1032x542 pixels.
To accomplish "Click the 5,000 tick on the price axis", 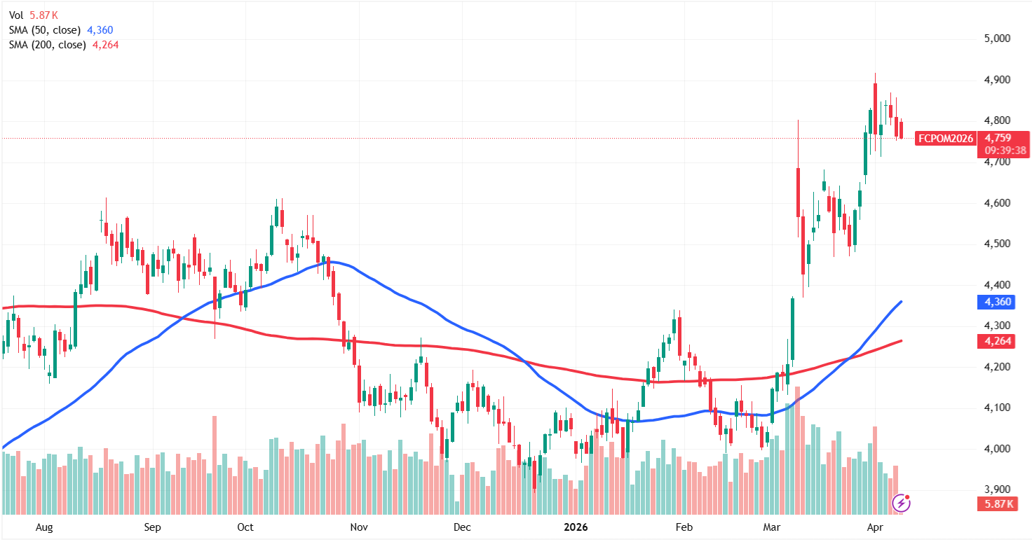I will click(x=996, y=39).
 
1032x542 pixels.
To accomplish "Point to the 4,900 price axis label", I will click(x=996, y=81).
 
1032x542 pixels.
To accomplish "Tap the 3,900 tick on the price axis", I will click(x=996, y=489).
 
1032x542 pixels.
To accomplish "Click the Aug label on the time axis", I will click(x=43, y=527).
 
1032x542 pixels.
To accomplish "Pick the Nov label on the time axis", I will click(x=358, y=527).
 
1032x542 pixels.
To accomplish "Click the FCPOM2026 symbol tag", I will click(x=945, y=138).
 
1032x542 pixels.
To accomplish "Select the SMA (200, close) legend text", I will click(x=48, y=45).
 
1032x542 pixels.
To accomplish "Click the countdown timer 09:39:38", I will click(x=1005, y=150).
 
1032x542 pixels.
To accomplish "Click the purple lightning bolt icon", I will click(x=901, y=502).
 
